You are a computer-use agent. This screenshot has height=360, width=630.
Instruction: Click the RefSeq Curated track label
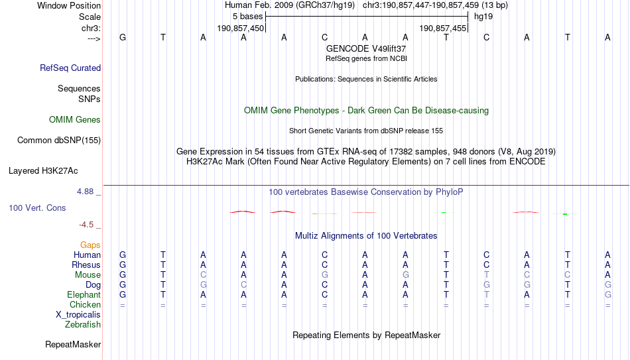(70, 68)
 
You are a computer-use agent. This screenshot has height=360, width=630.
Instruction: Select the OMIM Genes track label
(75, 120)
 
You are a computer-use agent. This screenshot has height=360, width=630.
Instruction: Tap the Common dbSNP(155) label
(59, 141)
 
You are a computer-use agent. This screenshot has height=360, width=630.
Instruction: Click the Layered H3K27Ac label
(43, 171)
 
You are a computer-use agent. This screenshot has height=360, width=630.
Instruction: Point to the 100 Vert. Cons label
(37, 208)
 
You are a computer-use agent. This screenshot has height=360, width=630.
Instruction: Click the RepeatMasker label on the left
(73, 344)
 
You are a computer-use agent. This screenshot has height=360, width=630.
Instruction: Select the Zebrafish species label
(83, 324)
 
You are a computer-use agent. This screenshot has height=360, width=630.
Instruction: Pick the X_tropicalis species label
(78, 315)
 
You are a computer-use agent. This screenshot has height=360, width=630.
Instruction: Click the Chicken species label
(85, 304)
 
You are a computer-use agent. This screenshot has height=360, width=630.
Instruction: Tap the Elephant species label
(84, 294)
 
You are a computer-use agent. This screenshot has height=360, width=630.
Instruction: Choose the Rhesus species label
(86, 265)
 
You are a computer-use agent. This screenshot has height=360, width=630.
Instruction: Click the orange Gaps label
(90, 245)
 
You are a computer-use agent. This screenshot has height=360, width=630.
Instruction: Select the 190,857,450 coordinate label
(241, 28)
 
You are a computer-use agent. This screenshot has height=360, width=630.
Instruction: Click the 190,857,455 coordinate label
(443, 28)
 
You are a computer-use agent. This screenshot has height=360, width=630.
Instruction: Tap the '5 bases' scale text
(247, 17)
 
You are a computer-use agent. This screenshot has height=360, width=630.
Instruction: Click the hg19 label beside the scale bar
(483, 17)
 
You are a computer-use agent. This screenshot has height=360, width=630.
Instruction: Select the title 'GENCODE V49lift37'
(366, 48)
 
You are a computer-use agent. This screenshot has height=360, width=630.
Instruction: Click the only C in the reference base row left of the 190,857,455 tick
(325, 37)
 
